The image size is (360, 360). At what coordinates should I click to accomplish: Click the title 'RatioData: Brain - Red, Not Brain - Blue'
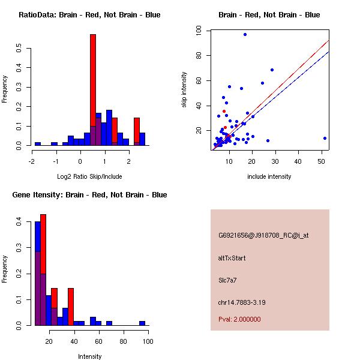pos(89,15)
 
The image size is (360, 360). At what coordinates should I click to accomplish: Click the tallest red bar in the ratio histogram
pos(93,90)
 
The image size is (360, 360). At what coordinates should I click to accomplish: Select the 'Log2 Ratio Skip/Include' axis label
pos(89,177)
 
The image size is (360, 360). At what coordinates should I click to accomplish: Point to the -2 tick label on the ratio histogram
pos(32,161)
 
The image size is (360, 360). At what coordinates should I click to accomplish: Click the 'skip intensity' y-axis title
pos(185,90)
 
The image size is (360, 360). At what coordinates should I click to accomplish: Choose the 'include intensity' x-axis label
pos(269,176)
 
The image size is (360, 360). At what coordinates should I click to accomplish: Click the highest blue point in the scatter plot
pos(245,34)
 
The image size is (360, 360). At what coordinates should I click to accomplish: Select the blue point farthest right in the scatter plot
pos(325,138)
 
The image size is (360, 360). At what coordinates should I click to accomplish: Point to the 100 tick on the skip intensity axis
pos(199,31)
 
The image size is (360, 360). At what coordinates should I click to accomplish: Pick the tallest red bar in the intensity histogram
pos(43,270)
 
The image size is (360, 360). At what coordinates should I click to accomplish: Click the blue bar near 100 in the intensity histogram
pos(142,323)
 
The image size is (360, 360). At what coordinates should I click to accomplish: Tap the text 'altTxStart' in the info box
pos(232,258)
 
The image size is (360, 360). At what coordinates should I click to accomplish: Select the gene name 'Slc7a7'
pos(228,280)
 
